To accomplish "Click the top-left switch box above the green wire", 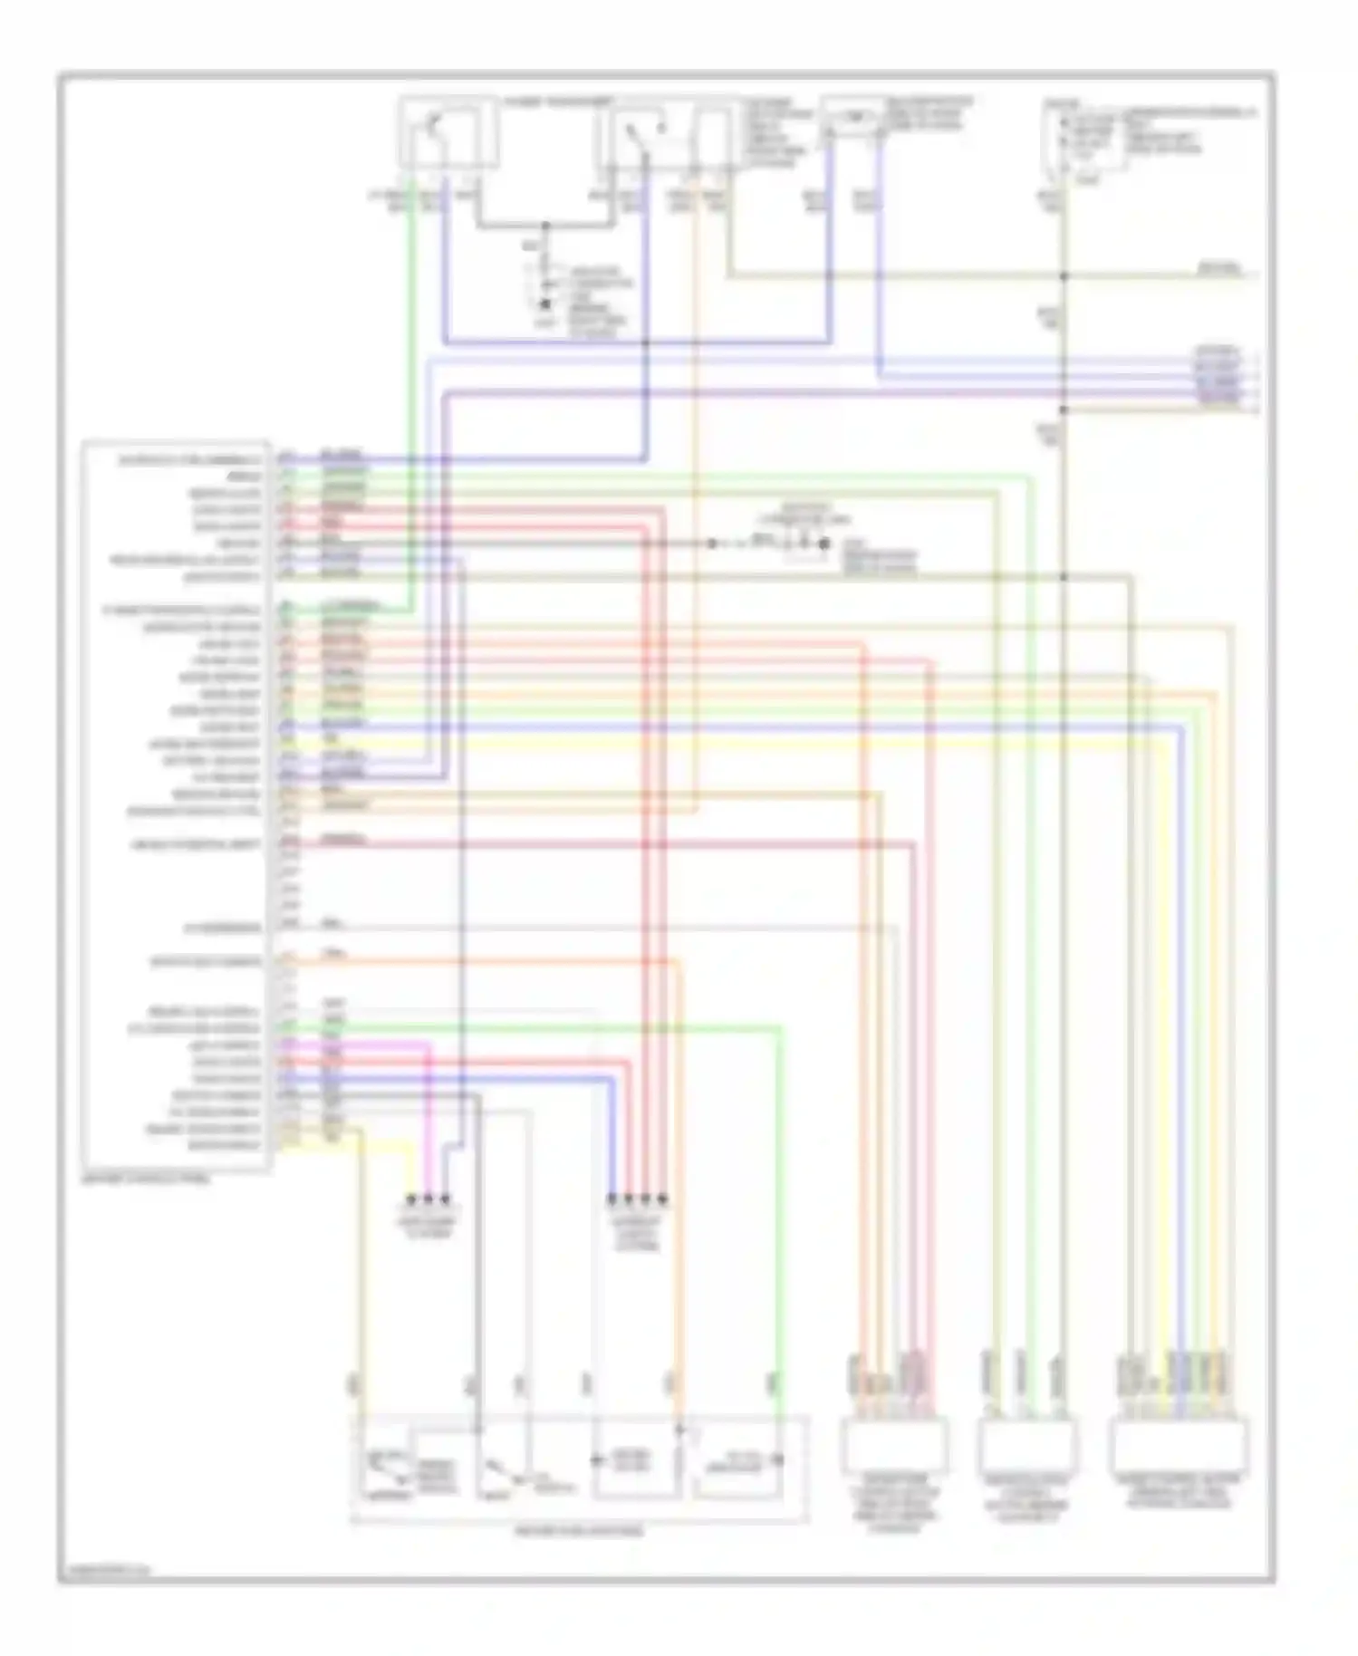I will pos(448,133).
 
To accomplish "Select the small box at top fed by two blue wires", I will pos(853,117).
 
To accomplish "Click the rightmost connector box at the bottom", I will pos(1178,1447).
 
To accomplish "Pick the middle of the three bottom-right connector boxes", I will pos(1028,1447).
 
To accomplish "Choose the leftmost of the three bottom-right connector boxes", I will pos(895,1447).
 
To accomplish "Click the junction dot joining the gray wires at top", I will pos(545,225).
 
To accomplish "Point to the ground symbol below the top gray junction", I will pos(545,306).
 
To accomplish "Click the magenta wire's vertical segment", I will pos(429,1114).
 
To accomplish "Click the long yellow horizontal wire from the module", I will pos(725,744).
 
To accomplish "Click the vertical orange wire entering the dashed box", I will pos(678,1223).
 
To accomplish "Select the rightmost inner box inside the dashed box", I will pos(739,1460).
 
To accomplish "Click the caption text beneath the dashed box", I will pos(579,1530).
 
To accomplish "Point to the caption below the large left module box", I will pos(145,1179).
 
